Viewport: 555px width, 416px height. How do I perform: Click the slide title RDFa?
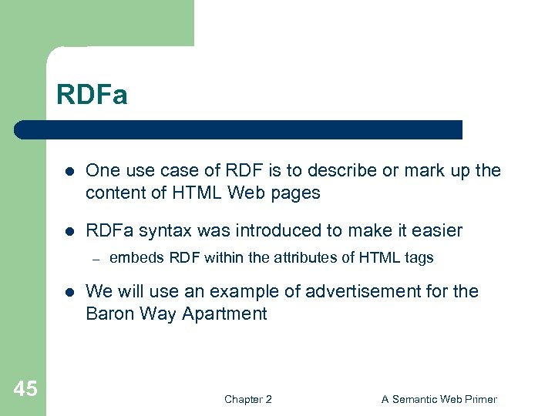(x=92, y=96)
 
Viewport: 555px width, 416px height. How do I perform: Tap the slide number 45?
(x=25, y=389)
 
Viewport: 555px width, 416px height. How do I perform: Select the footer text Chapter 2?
(x=247, y=399)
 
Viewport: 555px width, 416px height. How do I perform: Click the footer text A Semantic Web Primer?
(x=439, y=399)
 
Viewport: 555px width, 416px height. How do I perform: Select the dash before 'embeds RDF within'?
(x=96, y=258)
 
